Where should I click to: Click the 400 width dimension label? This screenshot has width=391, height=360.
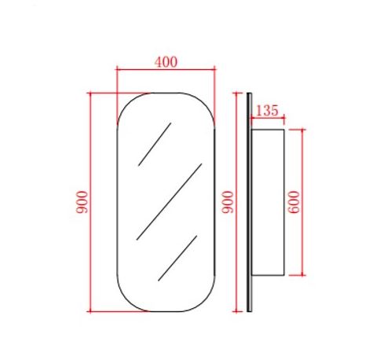click(166, 62)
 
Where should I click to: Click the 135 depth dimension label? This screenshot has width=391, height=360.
click(267, 110)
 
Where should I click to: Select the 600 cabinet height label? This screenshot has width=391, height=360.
click(294, 202)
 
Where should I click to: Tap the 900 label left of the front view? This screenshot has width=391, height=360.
click(82, 202)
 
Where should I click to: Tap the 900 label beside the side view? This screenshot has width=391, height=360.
click(228, 202)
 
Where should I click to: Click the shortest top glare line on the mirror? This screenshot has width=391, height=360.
click(155, 144)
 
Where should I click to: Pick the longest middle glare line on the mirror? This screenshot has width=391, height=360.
click(169, 202)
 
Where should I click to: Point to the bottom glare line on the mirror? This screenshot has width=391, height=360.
click(177, 259)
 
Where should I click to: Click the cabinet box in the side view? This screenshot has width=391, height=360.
click(268, 202)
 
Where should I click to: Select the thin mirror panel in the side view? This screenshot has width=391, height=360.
click(249, 202)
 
